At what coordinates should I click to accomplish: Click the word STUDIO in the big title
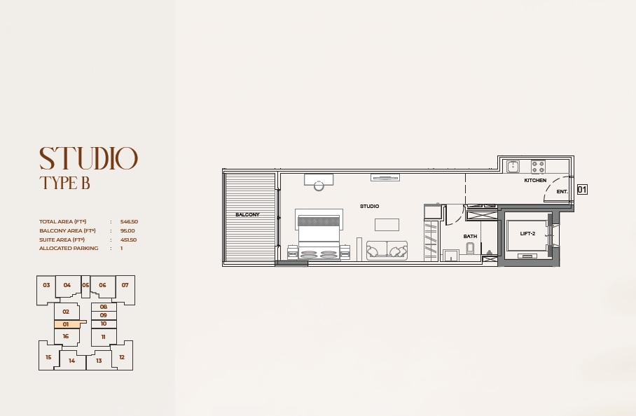(x=88, y=159)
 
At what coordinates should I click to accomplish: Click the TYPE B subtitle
(x=64, y=184)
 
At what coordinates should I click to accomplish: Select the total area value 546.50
(x=129, y=221)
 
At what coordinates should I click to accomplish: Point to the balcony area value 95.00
(x=127, y=230)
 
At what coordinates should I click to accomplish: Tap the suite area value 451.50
(x=129, y=240)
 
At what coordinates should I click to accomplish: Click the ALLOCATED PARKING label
(x=69, y=249)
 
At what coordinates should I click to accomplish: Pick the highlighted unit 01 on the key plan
(x=66, y=324)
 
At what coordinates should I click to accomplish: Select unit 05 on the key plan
(x=85, y=285)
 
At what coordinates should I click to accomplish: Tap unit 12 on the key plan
(x=121, y=357)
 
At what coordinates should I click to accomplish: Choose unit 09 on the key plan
(x=103, y=315)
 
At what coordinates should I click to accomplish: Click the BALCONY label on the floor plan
(x=247, y=214)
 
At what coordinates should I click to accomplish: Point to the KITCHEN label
(x=535, y=181)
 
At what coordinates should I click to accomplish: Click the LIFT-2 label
(x=527, y=233)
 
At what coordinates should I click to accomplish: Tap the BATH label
(x=470, y=237)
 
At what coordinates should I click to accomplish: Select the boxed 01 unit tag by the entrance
(x=581, y=189)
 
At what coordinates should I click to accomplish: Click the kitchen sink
(x=513, y=167)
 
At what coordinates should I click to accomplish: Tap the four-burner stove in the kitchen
(x=538, y=167)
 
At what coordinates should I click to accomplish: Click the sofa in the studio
(x=387, y=250)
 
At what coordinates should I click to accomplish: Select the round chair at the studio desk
(x=319, y=186)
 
